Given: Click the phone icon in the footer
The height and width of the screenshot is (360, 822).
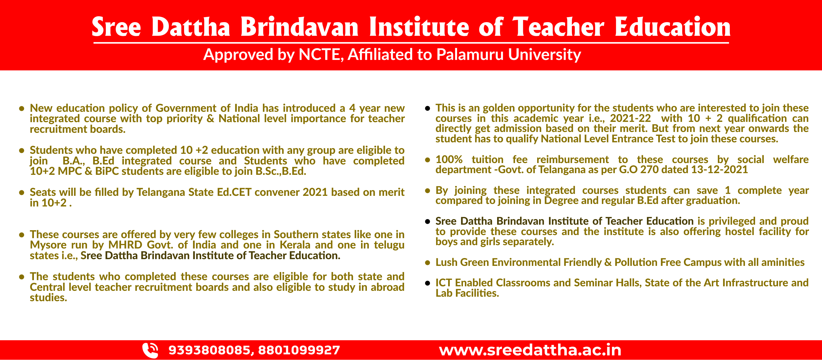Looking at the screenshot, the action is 150,350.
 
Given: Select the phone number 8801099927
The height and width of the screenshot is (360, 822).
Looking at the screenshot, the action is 299,350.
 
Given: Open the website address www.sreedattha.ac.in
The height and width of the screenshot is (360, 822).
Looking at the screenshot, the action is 530,350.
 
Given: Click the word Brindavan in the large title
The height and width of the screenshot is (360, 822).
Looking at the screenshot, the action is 299,27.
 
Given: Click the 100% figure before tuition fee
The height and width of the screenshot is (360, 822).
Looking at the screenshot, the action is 449,160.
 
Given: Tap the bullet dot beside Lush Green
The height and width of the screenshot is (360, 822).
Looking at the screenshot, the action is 428,263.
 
